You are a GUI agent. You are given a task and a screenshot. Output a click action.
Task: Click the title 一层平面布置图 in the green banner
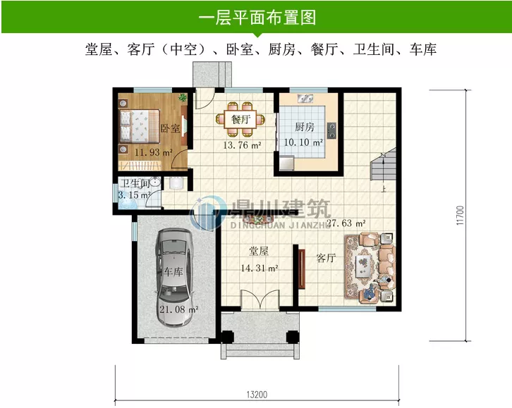(x=255, y=16)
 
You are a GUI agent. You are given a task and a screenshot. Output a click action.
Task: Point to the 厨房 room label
(x=304, y=128)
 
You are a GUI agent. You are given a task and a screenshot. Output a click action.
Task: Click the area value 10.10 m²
(x=303, y=142)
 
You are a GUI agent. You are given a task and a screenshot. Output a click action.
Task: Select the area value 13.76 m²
(x=242, y=146)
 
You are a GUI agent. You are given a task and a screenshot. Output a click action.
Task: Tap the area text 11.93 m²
(x=153, y=152)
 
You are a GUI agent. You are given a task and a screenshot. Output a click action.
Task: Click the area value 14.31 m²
(x=259, y=268)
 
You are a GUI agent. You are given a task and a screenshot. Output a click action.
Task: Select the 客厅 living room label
(x=325, y=258)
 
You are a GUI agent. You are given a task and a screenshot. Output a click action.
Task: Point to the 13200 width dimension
(x=256, y=395)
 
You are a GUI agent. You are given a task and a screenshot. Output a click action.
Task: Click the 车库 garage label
(x=174, y=272)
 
